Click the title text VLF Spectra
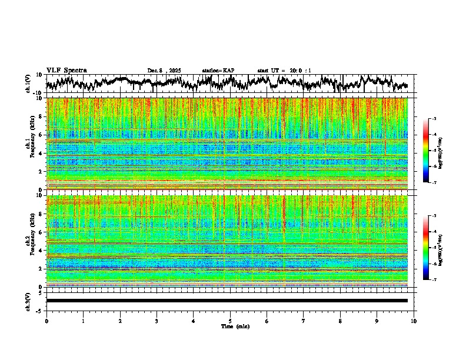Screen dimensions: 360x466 66,71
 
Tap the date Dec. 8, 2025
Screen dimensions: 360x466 164,71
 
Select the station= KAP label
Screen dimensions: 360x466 218,71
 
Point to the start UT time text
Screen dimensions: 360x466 284,71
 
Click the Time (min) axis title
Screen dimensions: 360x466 235,326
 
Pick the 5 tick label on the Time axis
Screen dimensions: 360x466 230,321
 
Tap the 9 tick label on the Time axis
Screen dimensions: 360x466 377,321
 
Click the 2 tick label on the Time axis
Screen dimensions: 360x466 120,321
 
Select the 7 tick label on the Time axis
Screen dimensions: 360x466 304,321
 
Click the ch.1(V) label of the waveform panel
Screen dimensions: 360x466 29,84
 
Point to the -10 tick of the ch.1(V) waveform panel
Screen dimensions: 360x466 38,92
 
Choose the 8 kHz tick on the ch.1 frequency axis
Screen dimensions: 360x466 41,116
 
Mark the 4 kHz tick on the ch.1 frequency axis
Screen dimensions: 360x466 41,154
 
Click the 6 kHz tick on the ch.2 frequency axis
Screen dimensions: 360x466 41,232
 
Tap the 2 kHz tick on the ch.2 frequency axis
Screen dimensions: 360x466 41,268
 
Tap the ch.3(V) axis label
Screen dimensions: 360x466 29,301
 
